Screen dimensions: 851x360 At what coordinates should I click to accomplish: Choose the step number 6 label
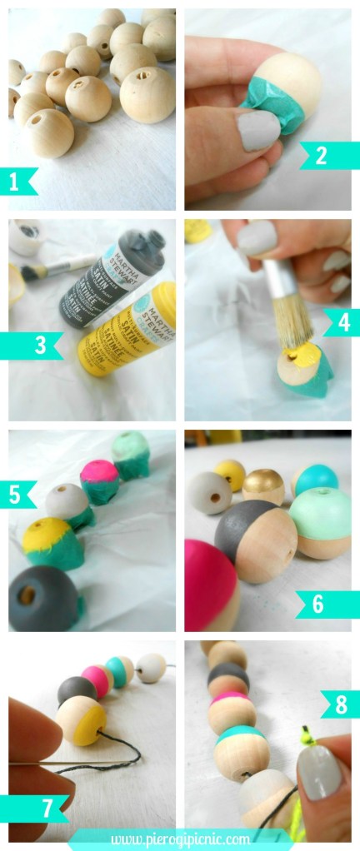pyautogui.click(x=317, y=604)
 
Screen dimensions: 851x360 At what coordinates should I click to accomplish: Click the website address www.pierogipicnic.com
pyautogui.click(x=180, y=837)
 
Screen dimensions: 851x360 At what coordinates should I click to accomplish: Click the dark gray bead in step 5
pyautogui.click(x=42, y=599)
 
